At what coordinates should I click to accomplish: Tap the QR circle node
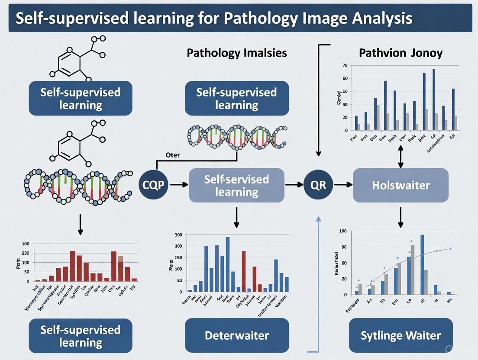(x=317, y=185)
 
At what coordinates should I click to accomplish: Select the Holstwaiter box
(x=400, y=185)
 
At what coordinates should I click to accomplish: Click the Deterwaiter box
(x=236, y=335)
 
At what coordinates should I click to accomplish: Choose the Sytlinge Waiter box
(x=400, y=335)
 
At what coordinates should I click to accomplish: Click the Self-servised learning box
(x=236, y=185)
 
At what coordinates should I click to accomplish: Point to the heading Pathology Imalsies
(x=236, y=53)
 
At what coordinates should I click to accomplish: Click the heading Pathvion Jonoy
(x=400, y=53)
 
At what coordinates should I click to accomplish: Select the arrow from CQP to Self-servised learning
(x=178, y=185)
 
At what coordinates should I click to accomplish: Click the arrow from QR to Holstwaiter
(x=342, y=185)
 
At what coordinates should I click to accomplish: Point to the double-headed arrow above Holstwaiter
(x=400, y=157)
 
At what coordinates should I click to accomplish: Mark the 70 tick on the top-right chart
(x=345, y=65)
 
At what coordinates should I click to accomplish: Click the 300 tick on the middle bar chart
(x=178, y=235)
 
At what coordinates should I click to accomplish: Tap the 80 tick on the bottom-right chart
(x=343, y=247)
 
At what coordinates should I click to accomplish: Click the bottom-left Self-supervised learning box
(x=80, y=336)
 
